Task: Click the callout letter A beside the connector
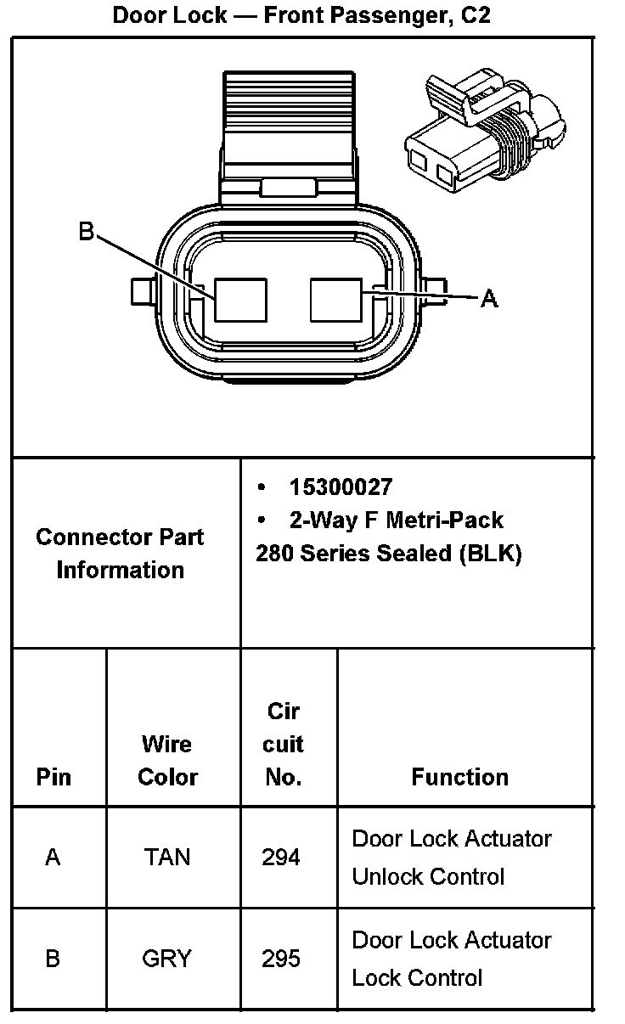point(489,298)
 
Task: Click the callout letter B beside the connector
point(87,231)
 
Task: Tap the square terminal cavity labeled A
point(337,300)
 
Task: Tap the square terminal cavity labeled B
point(240,300)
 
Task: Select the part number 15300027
point(341,487)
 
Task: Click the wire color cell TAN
point(167,857)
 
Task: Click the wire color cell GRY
point(167,959)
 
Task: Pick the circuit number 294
point(281,857)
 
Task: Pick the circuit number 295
point(281,959)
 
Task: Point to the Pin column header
point(53,777)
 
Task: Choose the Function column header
point(459,777)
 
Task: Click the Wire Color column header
point(167,761)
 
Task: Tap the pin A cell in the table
point(53,857)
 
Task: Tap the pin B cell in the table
point(53,959)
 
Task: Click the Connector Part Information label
point(120,553)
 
